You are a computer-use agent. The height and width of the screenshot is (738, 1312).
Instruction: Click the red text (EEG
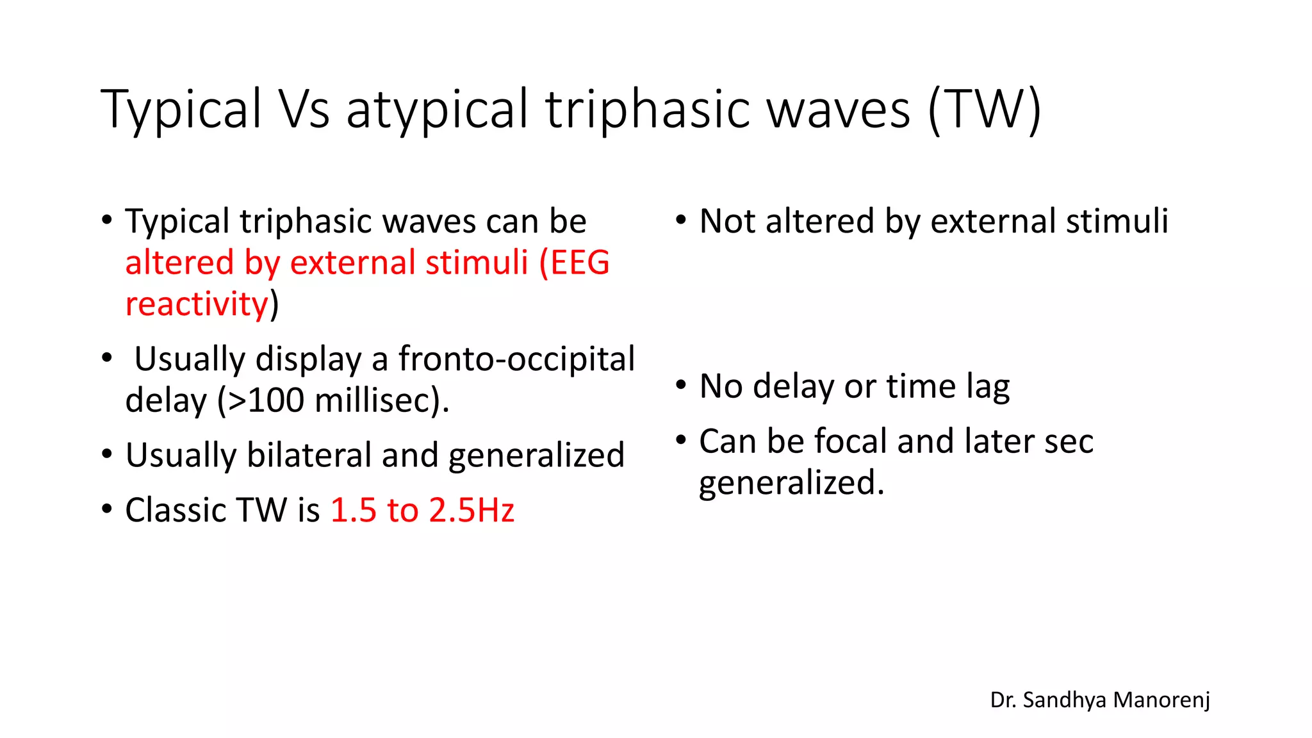click(x=574, y=263)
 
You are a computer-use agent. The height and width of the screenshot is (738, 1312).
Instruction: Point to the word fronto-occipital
click(x=516, y=359)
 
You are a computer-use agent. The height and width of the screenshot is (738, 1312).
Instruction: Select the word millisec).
click(x=382, y=400)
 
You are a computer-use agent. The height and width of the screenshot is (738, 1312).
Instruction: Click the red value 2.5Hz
click(x=471, y=511)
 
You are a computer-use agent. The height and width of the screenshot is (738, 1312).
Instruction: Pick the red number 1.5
click(x=353, y=511)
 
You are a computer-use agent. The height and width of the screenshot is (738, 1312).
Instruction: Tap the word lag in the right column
click(x=988, y=387)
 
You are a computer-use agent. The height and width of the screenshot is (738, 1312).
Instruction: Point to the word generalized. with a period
click(x=791, y=483)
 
